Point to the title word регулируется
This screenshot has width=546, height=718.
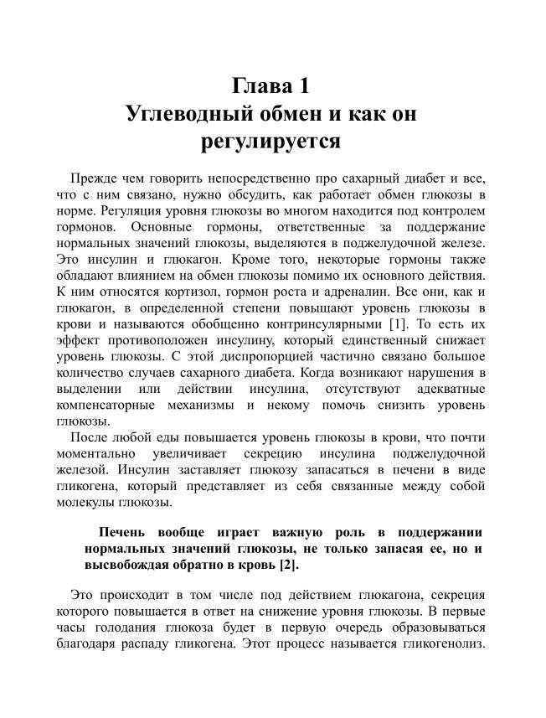click(x=272, y=140)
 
